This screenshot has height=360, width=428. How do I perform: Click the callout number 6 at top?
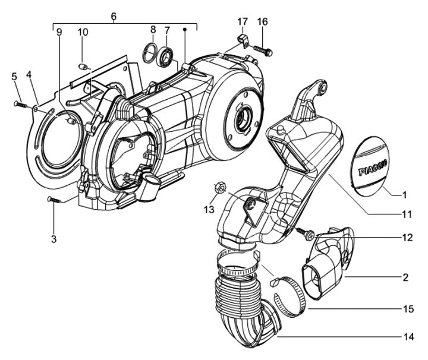coord(114,16)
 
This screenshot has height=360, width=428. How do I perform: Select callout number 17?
coord(242,23)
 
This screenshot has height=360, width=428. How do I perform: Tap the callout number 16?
coord(262,23)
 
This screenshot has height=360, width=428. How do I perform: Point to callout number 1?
coord(405,194)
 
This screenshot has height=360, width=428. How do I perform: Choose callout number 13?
coord(208,209)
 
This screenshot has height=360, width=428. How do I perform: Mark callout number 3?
coord(53,223)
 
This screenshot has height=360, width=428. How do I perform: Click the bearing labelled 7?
coord(166,56)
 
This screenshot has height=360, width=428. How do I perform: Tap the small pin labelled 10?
coord(84,65)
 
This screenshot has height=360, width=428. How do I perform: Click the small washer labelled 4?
coord(37,108)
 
